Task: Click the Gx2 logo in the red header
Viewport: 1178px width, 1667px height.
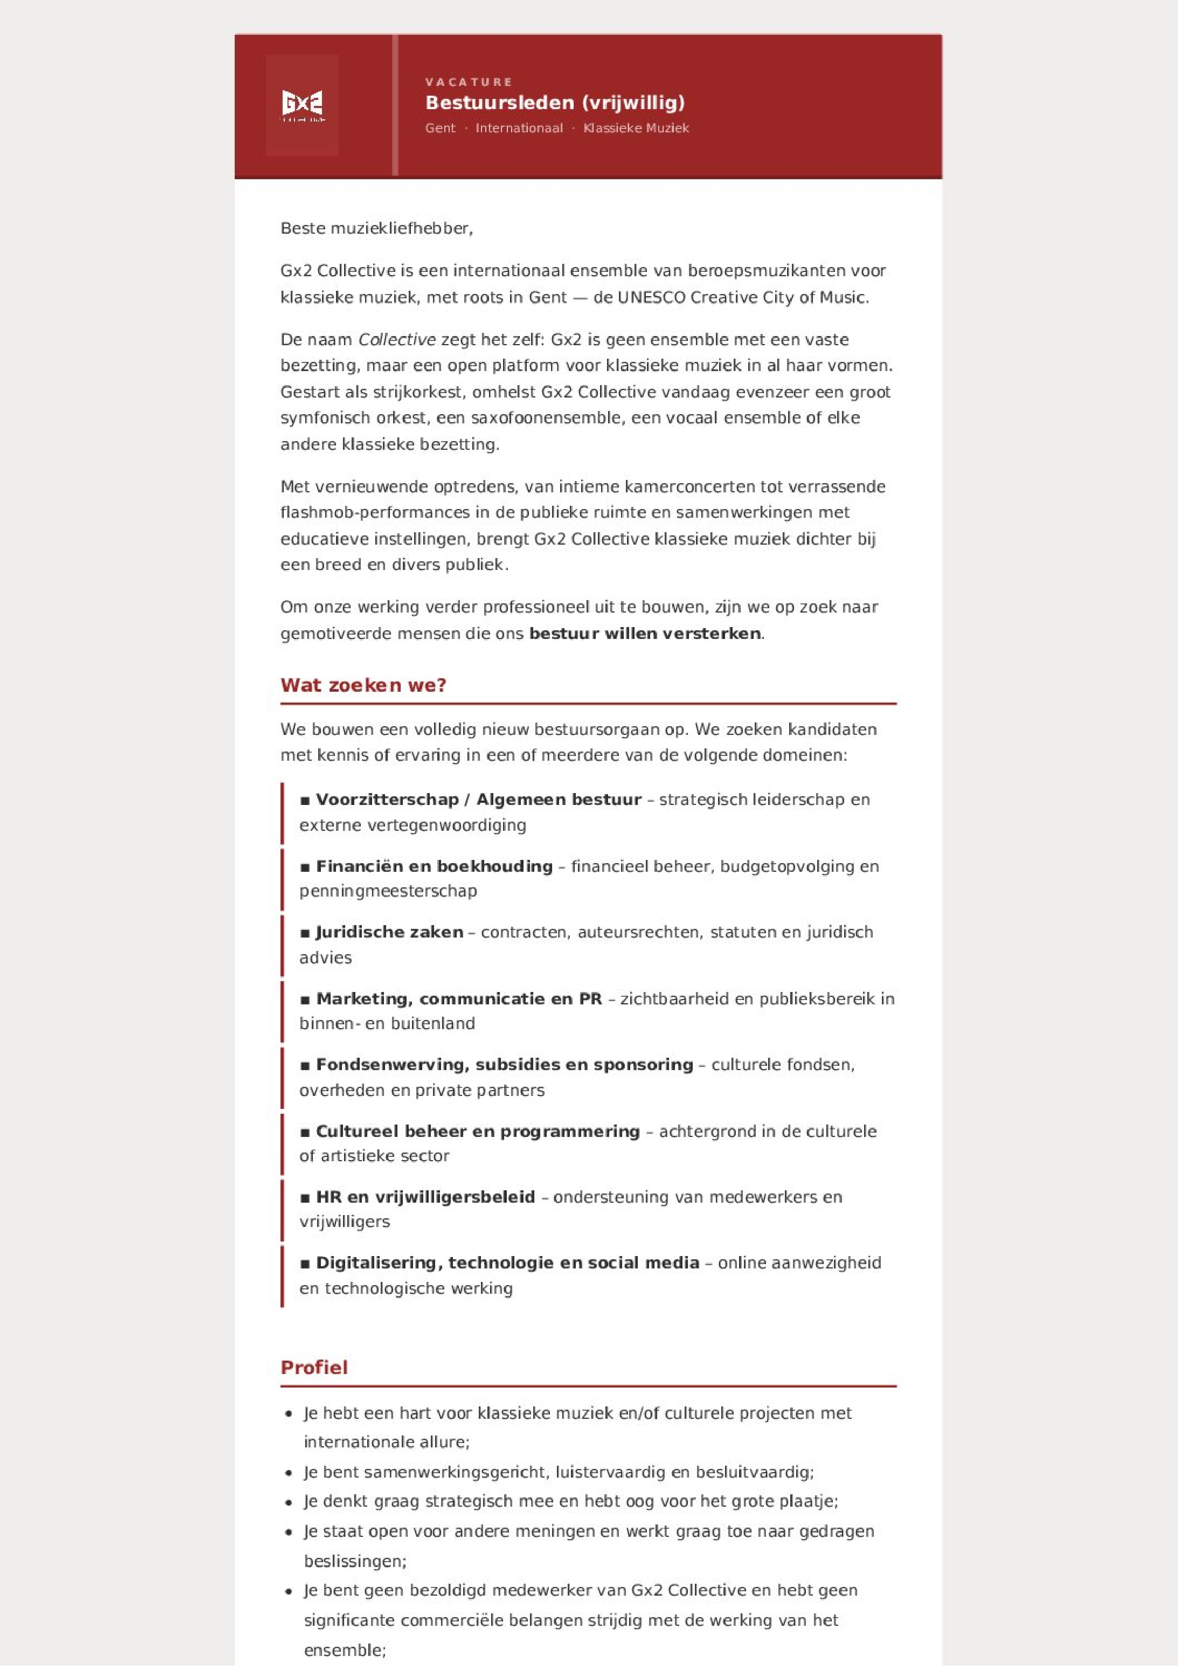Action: point(302,105)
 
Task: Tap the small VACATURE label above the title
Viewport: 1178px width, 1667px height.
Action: point(468,82)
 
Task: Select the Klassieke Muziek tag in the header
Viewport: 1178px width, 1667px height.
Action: point(636,128)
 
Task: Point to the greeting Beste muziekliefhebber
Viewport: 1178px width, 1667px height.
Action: point(376,229)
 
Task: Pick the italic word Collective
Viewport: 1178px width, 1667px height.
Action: point(397,340)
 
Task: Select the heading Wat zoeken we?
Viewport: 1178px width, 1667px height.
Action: point(363,685)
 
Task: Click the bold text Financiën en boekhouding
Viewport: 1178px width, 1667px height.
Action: point(434,866)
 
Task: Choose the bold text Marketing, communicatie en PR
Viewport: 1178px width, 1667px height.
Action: point(459,999)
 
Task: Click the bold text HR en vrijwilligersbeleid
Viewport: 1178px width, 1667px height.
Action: point(426,1197)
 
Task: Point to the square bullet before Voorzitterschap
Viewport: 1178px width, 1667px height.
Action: point(305,800)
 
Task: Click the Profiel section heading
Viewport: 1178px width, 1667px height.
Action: point(314,1368)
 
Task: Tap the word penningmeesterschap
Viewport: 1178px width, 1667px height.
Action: point(388,891)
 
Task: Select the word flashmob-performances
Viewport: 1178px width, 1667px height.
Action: point(376,513)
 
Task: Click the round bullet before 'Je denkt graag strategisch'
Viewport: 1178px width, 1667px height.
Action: point(289,1502)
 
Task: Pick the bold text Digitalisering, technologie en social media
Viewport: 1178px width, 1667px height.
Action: point(507,1264)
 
